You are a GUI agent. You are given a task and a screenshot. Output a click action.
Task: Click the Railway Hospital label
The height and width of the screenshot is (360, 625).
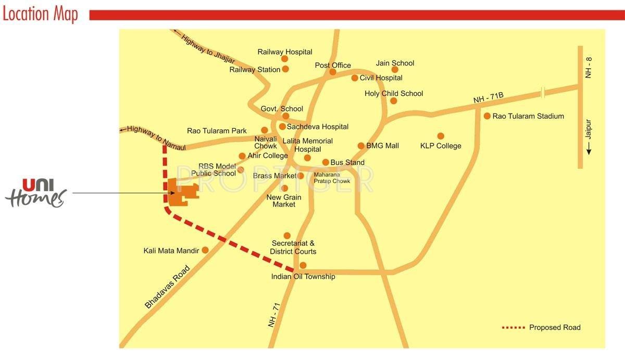(x=285, y=52)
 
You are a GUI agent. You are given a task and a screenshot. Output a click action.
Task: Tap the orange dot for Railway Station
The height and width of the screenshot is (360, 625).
(x=285, y=69)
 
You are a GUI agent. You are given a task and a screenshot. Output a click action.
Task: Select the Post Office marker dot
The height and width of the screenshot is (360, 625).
(x=333, y=72)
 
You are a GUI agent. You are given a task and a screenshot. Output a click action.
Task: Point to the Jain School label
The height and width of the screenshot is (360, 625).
(x=395, y=63)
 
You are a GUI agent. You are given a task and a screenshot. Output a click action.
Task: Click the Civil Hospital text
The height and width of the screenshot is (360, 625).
(x=381, y=78)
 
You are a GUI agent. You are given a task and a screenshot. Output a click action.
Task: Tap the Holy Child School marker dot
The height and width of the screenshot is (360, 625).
(x=394, y=101)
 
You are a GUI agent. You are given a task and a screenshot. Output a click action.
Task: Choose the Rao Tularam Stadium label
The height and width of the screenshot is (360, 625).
(x=528, y=116)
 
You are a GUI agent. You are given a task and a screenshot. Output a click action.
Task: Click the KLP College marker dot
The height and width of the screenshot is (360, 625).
(x=441, y=136)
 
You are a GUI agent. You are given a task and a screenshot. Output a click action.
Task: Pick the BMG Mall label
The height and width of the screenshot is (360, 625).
(x=382, y=146)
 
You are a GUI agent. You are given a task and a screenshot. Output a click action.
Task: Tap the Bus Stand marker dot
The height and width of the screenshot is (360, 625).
(x=326, y=163)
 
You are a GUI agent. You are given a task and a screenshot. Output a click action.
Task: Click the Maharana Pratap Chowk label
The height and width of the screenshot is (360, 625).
(x=332, y=178)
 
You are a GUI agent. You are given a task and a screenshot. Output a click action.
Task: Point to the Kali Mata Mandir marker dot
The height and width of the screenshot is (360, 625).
(x=205, y=250)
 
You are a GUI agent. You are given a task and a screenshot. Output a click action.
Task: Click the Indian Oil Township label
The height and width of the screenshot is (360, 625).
(x=303, y=277)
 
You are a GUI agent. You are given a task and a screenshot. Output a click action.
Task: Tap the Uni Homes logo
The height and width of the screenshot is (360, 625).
(x=36, y=192)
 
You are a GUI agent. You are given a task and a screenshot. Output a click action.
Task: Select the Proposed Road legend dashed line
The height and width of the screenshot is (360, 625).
(x=512, y=328)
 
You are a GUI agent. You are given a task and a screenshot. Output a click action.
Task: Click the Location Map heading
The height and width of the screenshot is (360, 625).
(x=40, y=14)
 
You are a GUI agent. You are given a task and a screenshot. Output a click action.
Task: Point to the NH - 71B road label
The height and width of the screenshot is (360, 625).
(x=488, y=98)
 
